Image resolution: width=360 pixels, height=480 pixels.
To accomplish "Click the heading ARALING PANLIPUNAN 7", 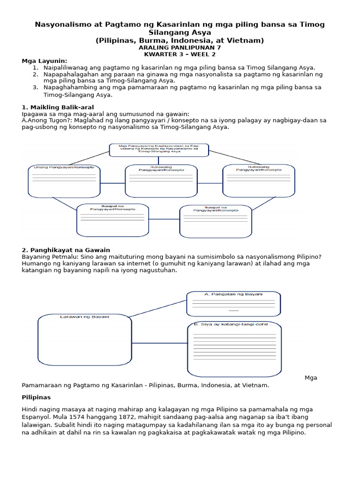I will tap(180, 47).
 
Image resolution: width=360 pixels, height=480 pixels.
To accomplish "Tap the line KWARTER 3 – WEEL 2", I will tap(180, 54).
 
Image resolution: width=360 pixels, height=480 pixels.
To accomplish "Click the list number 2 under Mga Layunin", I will tap(35, 74).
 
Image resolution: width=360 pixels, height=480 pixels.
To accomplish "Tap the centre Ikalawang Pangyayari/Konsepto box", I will tap(161, 180).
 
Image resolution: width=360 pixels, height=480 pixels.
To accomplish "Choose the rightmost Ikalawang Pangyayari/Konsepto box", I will tap(259, 180).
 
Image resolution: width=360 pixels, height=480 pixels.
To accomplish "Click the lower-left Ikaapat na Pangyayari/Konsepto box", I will tap(112, 220).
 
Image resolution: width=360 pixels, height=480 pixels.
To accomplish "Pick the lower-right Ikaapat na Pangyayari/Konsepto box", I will tap(216, 221).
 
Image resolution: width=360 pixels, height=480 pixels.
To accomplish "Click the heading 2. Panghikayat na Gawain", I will tap(66, 250).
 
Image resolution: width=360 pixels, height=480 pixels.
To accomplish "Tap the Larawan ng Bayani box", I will tap(84, 339).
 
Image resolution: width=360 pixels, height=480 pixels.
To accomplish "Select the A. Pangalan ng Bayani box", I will tap(233, 304).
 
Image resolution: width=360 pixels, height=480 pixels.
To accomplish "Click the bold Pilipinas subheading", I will tap(36, 397).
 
